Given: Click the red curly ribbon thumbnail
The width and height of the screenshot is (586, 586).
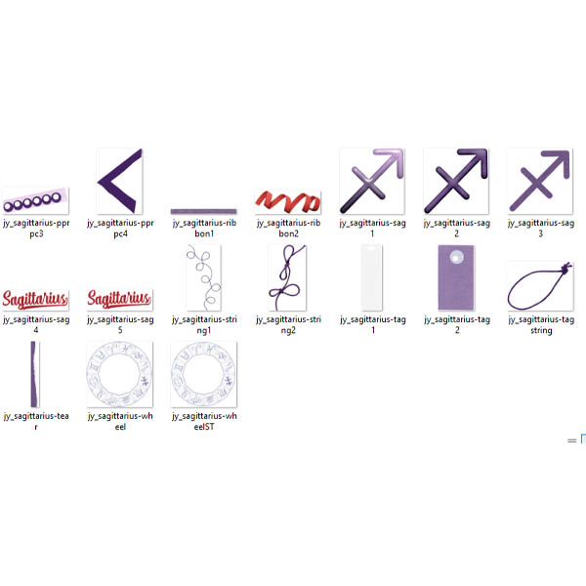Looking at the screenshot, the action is tap(288, 201).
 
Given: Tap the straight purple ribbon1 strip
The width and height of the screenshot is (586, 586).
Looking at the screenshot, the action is tap(204, 211).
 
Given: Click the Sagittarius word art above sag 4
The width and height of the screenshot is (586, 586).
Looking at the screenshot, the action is tap(35, 300).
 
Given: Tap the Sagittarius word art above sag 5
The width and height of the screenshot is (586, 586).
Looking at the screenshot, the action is tap(119, 299).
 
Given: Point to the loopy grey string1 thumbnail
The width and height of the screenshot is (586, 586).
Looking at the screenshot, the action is tap(204, 277).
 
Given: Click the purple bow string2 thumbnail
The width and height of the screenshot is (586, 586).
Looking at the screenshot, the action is tap(287, 277).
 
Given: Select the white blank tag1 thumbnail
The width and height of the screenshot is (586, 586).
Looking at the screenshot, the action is tap(371, 277).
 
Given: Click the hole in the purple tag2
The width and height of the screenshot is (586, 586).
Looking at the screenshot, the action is tap(456, 257).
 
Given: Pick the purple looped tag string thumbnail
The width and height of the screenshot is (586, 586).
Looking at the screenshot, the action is tap(540, 286).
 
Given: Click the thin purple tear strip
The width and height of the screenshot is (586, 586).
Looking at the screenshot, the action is tap(35, 374).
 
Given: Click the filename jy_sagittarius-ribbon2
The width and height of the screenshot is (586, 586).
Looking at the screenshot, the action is tap(288, 228).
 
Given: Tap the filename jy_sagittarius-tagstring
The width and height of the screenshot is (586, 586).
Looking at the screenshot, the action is tap(541, 325).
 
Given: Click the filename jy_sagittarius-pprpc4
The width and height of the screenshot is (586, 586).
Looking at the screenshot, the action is tap(120, 228).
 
